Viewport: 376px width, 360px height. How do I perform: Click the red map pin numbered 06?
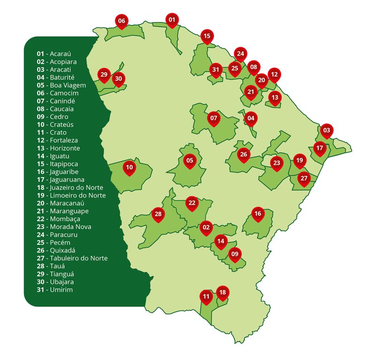pos(122,21)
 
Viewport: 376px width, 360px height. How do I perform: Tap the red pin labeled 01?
pos(172,20)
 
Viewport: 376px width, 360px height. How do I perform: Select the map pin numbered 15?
pos(207,36)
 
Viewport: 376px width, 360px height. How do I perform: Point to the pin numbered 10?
pos(130,167)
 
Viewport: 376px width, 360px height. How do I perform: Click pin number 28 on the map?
pos(158,214)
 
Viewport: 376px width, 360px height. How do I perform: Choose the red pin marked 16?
pos(258,214)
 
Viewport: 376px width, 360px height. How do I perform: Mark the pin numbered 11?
pos(206,297)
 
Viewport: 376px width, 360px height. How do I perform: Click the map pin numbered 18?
pos(222,292)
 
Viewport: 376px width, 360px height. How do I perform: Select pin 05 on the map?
pos(189,161)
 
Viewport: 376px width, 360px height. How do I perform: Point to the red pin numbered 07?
pos(214,118)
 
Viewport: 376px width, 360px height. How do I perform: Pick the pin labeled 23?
pos(276,163)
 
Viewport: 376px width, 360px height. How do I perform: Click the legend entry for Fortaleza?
pos(64,140)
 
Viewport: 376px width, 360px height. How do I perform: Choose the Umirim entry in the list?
pos(61,290)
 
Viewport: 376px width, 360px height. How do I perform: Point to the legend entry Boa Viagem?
pos(68,85)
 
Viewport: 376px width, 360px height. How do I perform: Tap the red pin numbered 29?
pos(104,74)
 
